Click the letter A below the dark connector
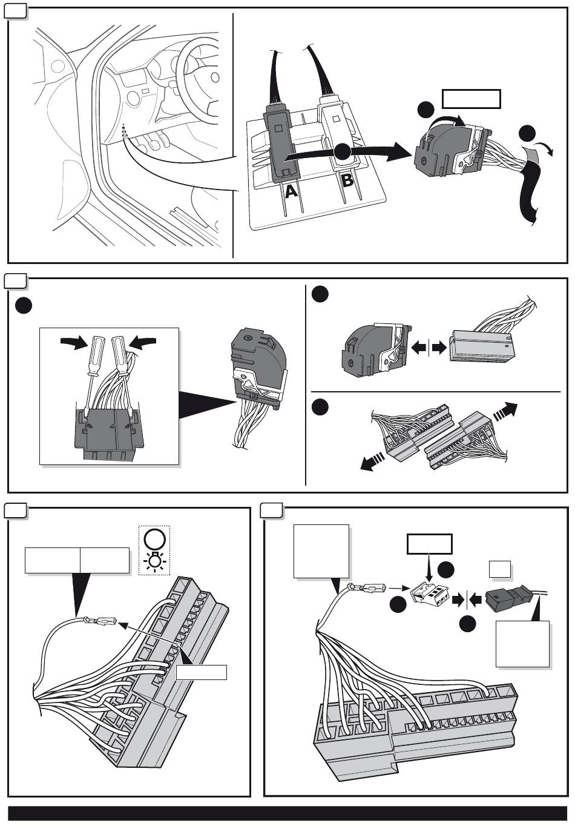click(291, 191)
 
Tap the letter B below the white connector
click(347, 180)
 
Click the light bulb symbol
click(154, 562)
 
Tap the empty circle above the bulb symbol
click(154, 538)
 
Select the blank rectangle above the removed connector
click(471, 99)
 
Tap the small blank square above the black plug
click(501, 569)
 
